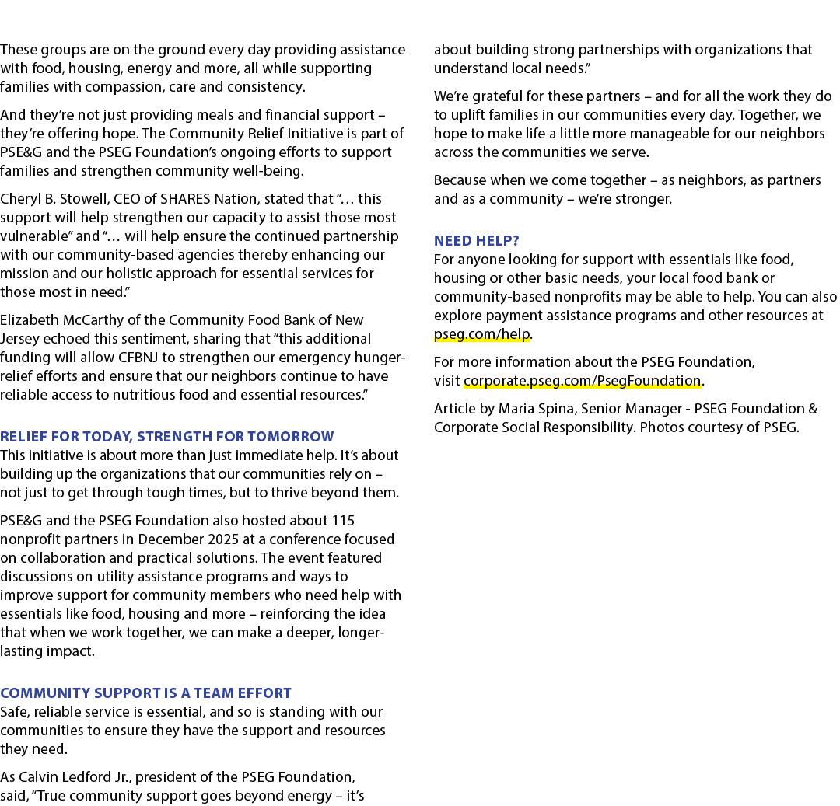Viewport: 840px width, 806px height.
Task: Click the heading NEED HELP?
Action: [x=476, y=241]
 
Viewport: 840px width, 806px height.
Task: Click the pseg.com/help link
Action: [x=481, y=334]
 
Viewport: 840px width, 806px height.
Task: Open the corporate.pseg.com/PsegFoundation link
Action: [x=583, y=381]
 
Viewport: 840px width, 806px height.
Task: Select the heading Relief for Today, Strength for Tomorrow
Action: [x=167, y=437]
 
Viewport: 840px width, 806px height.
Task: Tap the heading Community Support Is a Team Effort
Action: [x=145, y=693]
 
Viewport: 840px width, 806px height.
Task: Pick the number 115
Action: [x=344, y=521]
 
